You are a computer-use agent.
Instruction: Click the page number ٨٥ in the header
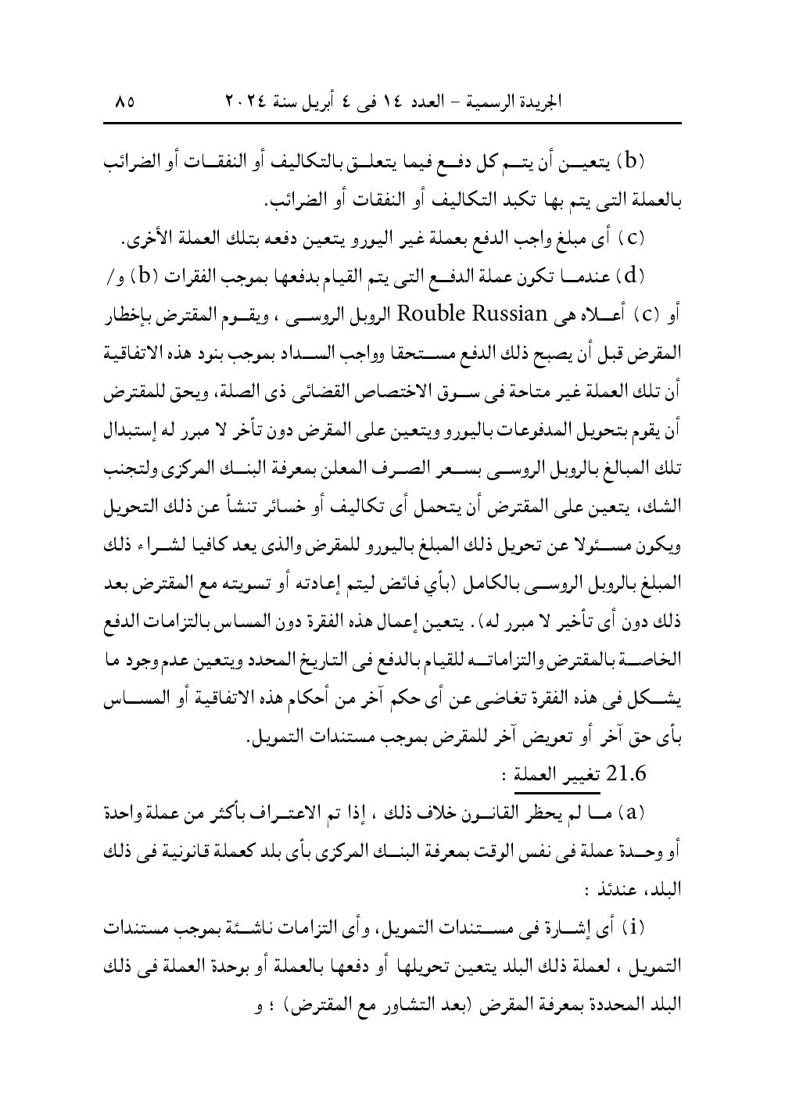pos(124,102)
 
